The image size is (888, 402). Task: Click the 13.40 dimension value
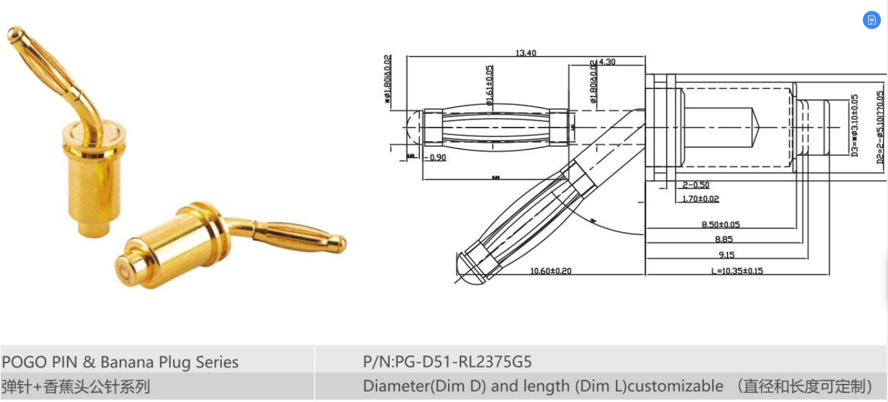coord(526,53)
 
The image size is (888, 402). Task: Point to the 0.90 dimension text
coord(437,158)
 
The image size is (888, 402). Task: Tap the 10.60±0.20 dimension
coord(551,271)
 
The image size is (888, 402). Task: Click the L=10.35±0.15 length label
coord(736,271)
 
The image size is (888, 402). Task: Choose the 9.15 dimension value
coord(725,255)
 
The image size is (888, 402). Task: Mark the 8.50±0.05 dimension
coord(720,225)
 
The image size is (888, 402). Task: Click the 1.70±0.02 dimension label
coord(700,199)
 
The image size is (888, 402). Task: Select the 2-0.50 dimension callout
coord(696,186)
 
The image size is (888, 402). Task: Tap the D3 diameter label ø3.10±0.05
coord(855,126)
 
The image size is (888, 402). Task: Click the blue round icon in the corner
coord(871,20)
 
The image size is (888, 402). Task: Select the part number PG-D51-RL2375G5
coord(447,361)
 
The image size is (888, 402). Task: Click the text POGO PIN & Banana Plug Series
coord(121,362)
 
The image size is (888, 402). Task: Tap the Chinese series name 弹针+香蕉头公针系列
coord(75,387)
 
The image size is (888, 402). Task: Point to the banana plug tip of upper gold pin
coord(15,33)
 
